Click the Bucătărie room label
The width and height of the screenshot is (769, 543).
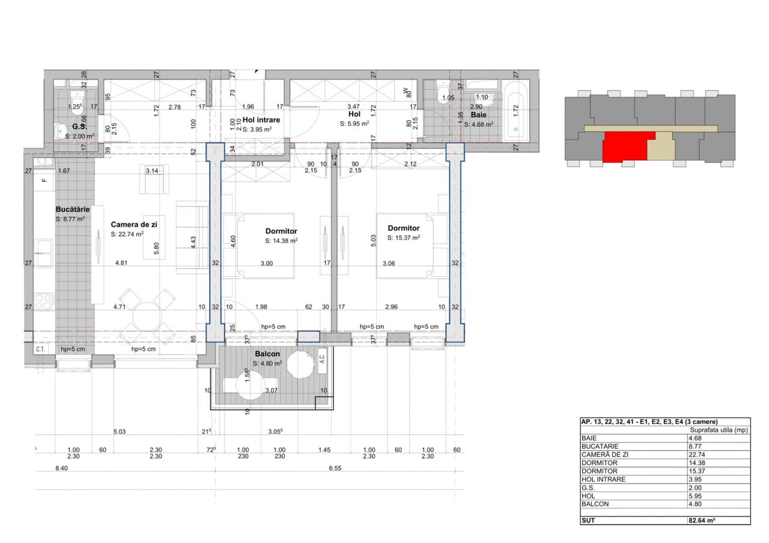pos(73,209)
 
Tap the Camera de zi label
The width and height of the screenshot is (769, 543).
pos(134,224)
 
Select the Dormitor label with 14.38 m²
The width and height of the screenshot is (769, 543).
pos(281,231)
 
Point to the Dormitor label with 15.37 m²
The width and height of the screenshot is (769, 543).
pos(404,228)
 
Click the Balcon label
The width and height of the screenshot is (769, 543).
pos(267,354)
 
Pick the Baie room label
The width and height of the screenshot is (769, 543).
pos(479,115)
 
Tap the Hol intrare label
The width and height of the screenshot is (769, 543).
pos(261,119)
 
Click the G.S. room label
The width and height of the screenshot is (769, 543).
pos(79,127)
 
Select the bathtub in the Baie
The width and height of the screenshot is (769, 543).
pos(515,111)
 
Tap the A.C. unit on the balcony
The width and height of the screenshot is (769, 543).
pos(322,360)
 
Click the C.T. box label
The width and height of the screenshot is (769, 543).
pos(40,349)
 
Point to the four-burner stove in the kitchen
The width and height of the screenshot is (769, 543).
pos(44,302)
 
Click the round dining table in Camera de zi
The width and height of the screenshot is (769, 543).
pos(147,316)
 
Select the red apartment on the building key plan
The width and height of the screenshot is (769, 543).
pos(625,146)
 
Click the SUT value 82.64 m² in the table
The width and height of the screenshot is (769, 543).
pos(702,520)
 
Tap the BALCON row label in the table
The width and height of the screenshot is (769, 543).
pos(595,504)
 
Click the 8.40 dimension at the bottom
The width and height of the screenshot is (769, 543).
pos(61,468)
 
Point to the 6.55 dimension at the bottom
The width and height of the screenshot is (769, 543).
pos(335,468)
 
